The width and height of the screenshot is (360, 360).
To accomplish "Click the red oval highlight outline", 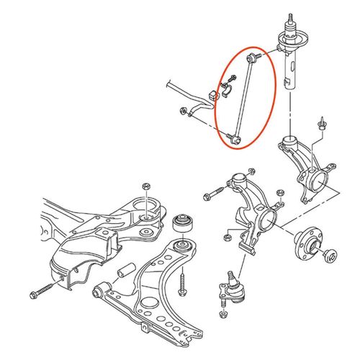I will (x=276, y=79).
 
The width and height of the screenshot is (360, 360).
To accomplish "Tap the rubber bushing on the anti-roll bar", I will (x=212, y=96).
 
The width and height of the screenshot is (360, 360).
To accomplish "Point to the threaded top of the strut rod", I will (x=291, y=16).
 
